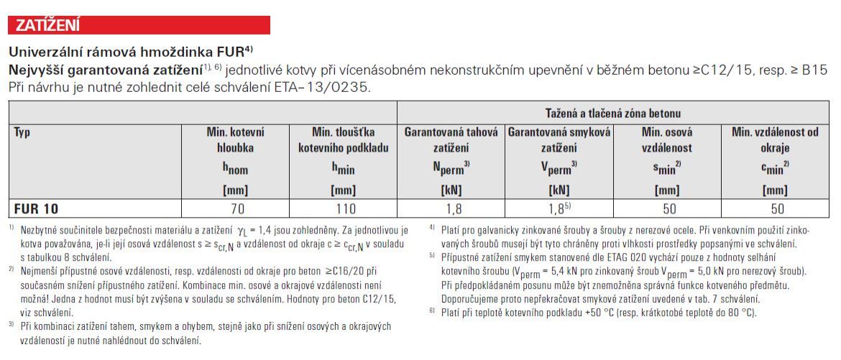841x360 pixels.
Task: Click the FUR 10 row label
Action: tap(35, 209)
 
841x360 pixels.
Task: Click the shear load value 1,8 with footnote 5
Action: tap(559, 209)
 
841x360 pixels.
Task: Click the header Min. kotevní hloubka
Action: tap(236, 140)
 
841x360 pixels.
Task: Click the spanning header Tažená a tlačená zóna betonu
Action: tap(614, 114)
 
